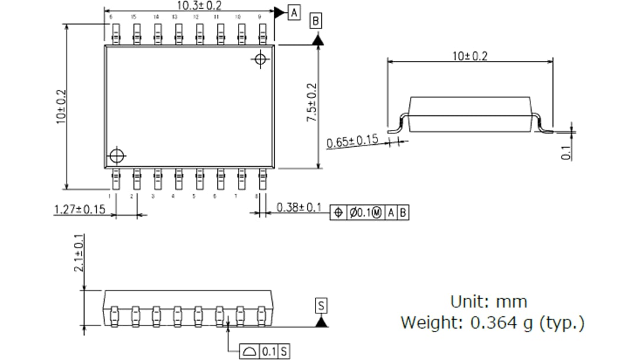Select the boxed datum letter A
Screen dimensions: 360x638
pyautogui.click(x=294, y=12)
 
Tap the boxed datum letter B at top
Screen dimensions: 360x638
pyautogui.click(x=316, y=21)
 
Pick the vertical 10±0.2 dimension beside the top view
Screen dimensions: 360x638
pyautogui.click(x=60, y=110)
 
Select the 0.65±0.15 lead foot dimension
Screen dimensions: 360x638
pyautogui.click(x=353, y=142)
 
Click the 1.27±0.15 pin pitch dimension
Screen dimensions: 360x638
pyautogui.click(x=79, y=209)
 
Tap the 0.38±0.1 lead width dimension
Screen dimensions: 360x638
pyautogui.click(x=299, y=207)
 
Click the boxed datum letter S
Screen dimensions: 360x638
pyautogui.click(x=321, y=306)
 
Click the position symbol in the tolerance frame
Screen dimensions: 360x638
pyautogui.click(x=337, y=213)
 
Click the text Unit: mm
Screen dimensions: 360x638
pyautogui.click(x=488, y=301)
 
